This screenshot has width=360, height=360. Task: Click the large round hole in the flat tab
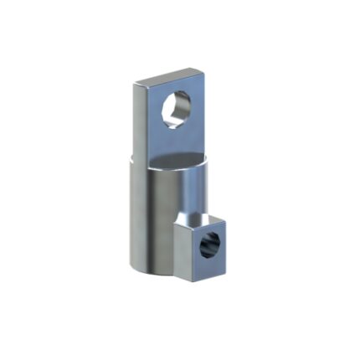(177, 108)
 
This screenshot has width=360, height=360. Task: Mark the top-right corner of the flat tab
(203, 70)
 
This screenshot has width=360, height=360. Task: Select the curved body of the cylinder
(155, 218)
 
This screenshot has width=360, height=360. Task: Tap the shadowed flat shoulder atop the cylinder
(180, 159)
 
